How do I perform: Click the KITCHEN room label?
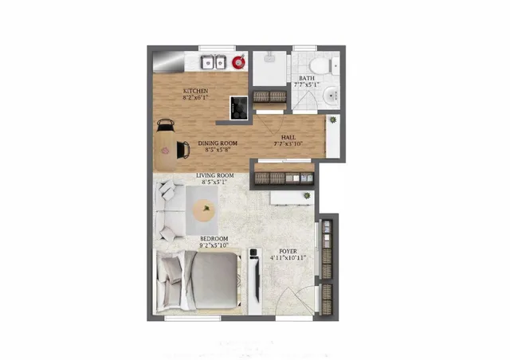[196, 92]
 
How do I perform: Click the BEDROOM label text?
[214, 238]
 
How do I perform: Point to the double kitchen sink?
[212, 61]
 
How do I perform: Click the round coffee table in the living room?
[204, 211]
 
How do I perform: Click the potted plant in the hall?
[332, 120]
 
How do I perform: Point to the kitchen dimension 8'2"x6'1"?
[196, 99]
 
